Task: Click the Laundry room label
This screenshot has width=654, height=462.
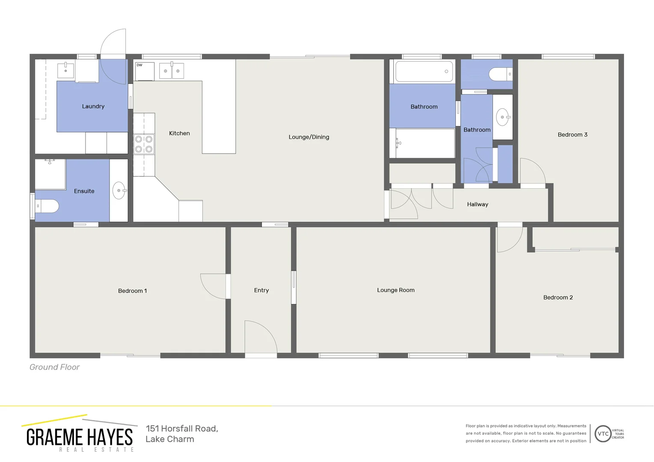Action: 93,107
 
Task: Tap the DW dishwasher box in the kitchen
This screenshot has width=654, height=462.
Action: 144,71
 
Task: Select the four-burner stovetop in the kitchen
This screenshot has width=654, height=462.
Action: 144,144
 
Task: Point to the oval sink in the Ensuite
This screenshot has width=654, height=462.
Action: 119,190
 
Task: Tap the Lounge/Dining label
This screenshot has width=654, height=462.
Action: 309,137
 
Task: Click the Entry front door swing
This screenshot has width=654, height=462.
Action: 260,337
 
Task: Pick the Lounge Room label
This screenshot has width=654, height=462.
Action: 395,290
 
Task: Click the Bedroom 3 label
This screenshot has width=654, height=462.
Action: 572,135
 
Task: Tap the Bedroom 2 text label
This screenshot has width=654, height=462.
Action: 558,297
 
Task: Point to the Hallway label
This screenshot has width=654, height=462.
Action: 477,204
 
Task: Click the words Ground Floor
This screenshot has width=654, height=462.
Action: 54,367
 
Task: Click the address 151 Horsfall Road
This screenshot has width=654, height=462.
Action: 182,429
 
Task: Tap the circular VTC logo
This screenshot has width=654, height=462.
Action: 603,434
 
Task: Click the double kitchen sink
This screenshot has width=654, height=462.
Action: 172,71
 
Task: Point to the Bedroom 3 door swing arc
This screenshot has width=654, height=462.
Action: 532,171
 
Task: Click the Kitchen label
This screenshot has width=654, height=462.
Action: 179,133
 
